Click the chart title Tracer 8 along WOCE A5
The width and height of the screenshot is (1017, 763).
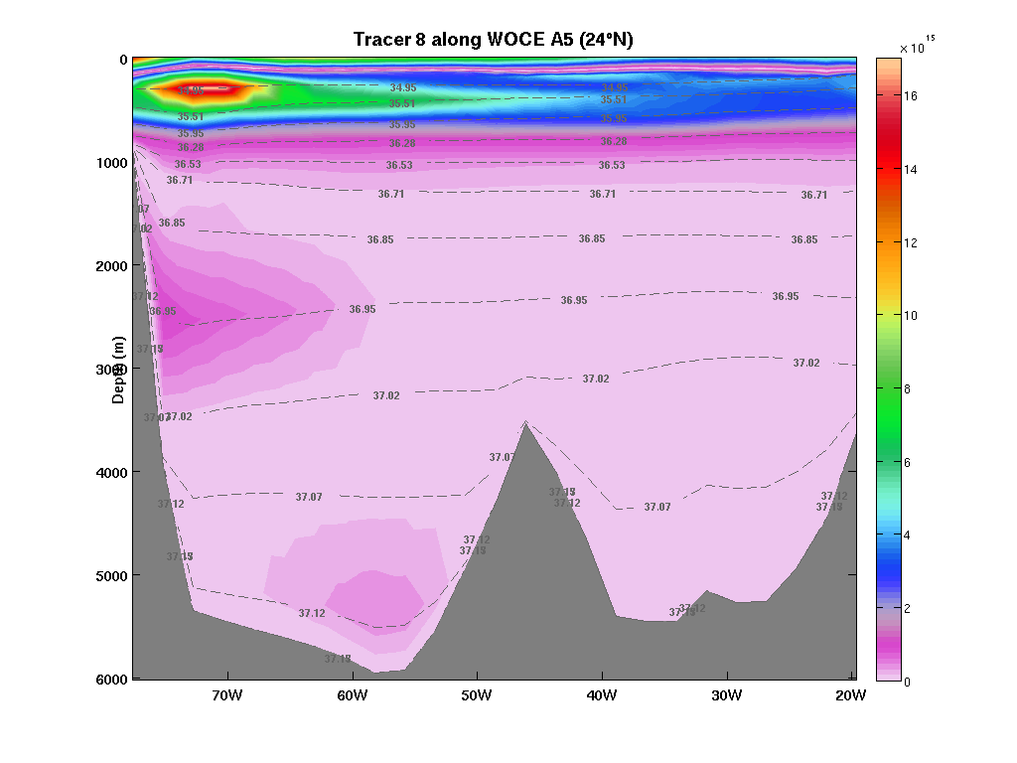(x=494, y=40)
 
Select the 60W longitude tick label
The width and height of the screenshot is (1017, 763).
(x=353, y=694)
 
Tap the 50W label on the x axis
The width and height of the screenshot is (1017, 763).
(x=477, y=694)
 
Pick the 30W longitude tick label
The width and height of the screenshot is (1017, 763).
(x=727, y=694)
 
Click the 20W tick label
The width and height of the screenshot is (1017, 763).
(x=851, y=694)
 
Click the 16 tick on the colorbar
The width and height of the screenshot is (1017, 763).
(x=911, y=96)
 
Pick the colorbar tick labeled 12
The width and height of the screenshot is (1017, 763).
(x=911, y=242)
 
